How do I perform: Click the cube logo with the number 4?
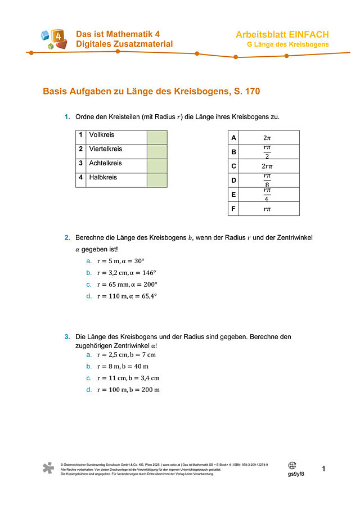pos(53,39)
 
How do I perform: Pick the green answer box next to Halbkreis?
pos(157,180)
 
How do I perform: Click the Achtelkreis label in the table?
pos(106,163)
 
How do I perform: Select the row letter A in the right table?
pos(233,138)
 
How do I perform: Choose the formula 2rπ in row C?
pos(267,166)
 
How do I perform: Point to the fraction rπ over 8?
pos(267,181)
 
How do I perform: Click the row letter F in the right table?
pos(233,209)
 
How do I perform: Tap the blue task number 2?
pos(67,238)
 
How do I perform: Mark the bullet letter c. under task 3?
pos(89,378)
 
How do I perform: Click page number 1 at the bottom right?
pos(324,469)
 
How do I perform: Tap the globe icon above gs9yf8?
pos(292,465)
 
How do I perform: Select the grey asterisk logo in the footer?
pos(49,469)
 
